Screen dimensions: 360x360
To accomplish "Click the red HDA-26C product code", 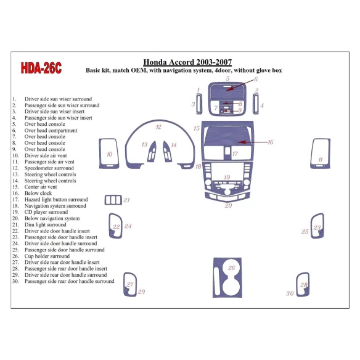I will point(41,68).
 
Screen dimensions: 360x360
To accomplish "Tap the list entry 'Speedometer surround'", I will point(49,168).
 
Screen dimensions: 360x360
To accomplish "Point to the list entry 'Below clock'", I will point(38,193).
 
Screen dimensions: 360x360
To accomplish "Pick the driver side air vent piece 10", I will point(109,153).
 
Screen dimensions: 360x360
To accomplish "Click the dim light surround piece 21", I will point(113,200).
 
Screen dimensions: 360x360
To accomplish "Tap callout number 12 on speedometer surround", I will point(158,127).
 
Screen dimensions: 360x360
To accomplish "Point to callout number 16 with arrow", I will point(270,142).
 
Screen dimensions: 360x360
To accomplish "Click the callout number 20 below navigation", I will point(228,205).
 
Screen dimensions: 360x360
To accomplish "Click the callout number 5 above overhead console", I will point(227,79).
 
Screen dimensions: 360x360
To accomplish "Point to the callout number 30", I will point(290,293).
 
